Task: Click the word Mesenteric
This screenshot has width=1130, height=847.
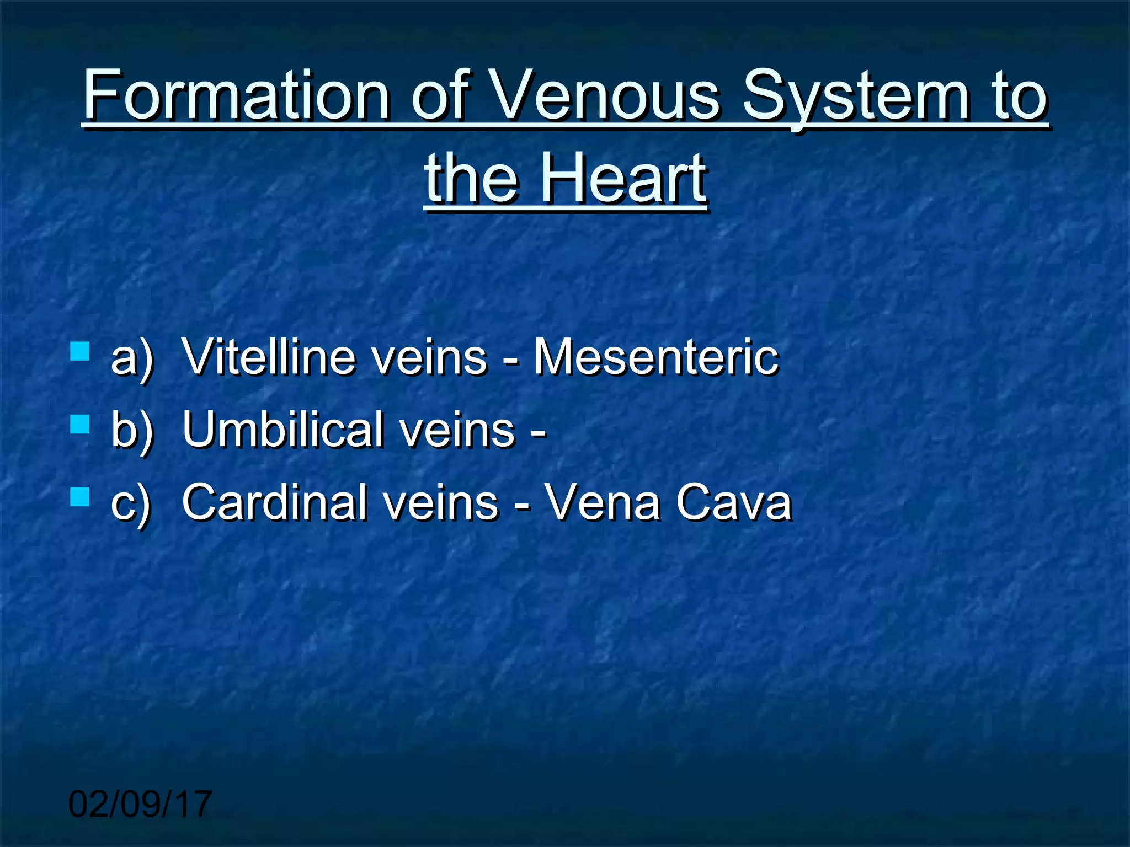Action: [x=656, y=357]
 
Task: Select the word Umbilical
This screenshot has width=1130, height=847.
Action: [x=282, y=430]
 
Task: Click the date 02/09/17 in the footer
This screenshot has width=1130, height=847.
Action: [x=140, y=804]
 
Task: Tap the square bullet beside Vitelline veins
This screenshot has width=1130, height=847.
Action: [x=81, y=351]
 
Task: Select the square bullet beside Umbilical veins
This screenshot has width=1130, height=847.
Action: [x=81, y=424]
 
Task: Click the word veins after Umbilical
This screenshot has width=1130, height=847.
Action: [x=458, y=430]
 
